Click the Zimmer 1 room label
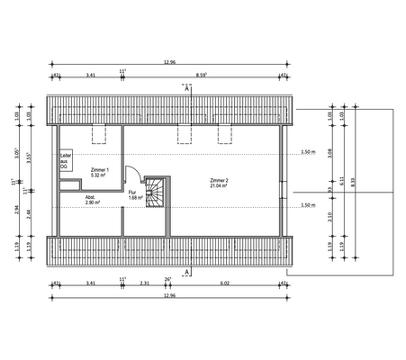click(x=101, y=170)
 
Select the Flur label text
click(x=132, y=193)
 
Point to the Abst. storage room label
click(x=90, y=196)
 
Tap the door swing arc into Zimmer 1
click(x=130, y=176)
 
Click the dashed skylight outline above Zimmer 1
click(x=100, y=135)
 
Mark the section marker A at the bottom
click(x=186, y=271)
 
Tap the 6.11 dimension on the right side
click(x=341, y=180)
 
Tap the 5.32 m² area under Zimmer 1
click(x=101, y=176)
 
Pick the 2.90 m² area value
click(x=92, y=202)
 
